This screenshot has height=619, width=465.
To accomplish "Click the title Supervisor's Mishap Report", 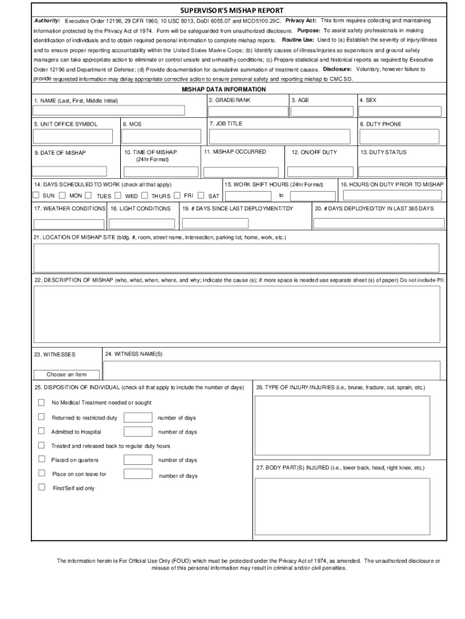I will pos(232,10).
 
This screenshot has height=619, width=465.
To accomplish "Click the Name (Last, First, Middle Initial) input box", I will pos(109,111).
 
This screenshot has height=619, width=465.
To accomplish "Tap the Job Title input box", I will pos(279,137).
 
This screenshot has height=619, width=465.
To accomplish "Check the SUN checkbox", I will pos(36,195).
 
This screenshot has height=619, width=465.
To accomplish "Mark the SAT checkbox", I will pos(203,195).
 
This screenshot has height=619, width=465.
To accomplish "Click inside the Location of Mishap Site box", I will pos(236,258).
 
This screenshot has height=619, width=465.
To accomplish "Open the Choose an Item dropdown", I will pos(66,374).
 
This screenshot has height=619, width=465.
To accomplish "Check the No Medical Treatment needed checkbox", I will pos(42,403).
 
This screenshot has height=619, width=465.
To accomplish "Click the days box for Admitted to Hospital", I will pos(138,432).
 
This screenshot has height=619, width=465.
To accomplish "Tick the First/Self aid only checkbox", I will pos(42,487).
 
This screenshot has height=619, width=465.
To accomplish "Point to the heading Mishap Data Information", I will pos(232,89).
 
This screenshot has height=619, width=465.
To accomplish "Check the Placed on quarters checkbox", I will pos(42,460).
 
